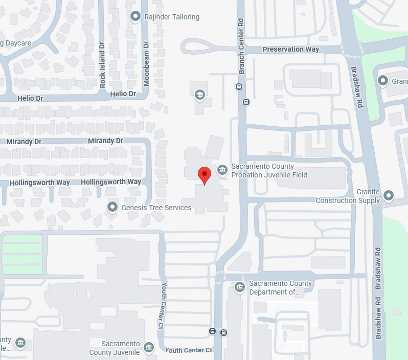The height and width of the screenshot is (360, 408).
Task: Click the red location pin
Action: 205,175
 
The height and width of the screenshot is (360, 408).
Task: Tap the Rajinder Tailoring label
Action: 172,17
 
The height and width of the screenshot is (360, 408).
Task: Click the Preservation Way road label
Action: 290,50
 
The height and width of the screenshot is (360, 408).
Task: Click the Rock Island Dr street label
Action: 102,64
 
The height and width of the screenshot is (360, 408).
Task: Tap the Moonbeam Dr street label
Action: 146,64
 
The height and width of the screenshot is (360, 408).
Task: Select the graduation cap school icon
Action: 199,95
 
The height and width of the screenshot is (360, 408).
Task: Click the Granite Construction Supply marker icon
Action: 389,195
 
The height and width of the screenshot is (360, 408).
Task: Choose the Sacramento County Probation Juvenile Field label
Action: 269,171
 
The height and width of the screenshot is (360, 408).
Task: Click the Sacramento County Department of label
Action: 280,288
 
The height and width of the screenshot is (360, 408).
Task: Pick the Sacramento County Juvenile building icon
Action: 149,347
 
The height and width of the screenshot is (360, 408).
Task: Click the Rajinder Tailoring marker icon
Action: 135,17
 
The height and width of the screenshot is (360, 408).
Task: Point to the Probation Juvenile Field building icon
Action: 222,170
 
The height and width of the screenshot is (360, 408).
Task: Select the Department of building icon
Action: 239,287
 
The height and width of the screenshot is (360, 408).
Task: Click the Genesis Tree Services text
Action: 156,208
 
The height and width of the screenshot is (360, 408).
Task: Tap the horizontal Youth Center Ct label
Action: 188,350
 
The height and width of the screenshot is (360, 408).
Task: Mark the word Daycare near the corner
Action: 17,42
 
